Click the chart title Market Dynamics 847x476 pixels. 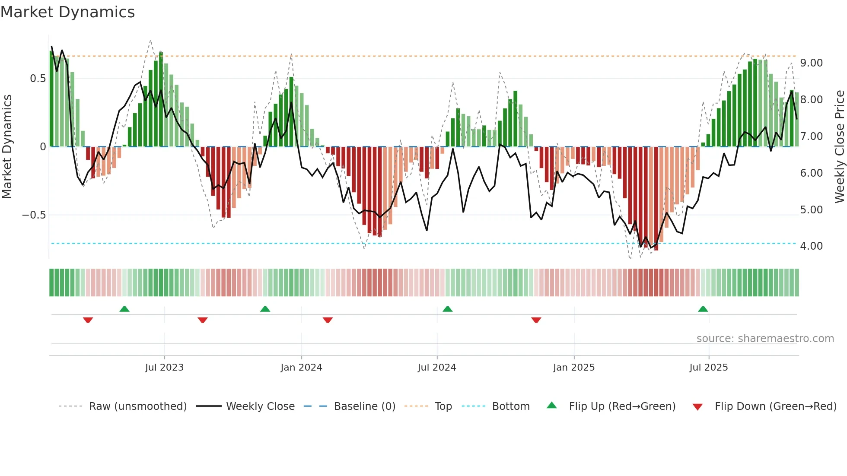click(68, 12)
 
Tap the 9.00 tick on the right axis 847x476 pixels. click(811, 63)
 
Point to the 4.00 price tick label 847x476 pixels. click(811, 246)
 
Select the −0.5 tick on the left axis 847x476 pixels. click(34, 215)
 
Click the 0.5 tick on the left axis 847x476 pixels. click(38, 79)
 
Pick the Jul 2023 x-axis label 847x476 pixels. click(164, 368)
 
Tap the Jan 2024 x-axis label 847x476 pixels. click(301, 368)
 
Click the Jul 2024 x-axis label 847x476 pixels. click(437, 368)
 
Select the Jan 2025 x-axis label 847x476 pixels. click(574, 368)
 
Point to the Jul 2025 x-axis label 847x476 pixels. click(709, 368)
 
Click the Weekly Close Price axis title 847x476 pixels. click(839, 146)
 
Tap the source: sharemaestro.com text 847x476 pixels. click(765, 339)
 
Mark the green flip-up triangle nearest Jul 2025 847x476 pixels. click(703, 309)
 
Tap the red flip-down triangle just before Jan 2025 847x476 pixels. click(536, 320)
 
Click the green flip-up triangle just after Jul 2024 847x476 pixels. click(448, 309)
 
